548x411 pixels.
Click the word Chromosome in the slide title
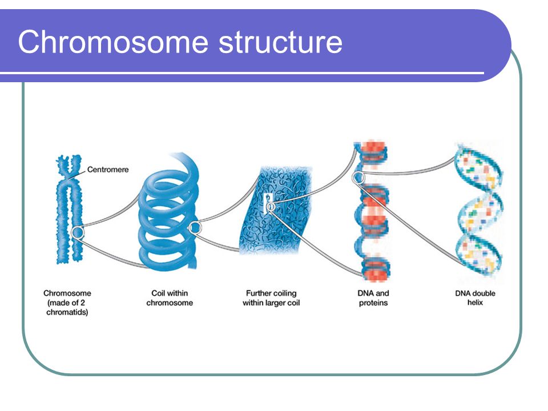112,42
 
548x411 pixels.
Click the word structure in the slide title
280,42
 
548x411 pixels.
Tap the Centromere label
108,170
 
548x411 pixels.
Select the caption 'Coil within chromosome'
170,298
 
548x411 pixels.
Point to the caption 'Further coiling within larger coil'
271,298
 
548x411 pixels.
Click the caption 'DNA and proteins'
373,298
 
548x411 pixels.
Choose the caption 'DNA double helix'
475,298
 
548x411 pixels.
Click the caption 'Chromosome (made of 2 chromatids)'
67,303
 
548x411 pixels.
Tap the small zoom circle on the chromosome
78,232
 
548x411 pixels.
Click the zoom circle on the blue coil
195,228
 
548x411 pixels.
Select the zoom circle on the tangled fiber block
270,207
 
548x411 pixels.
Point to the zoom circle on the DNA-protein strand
358,178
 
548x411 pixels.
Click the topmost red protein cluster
373,152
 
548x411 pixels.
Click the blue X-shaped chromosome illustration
70,209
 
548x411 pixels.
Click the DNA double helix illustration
479,209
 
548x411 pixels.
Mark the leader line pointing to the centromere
78,175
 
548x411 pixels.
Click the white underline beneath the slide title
242,73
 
